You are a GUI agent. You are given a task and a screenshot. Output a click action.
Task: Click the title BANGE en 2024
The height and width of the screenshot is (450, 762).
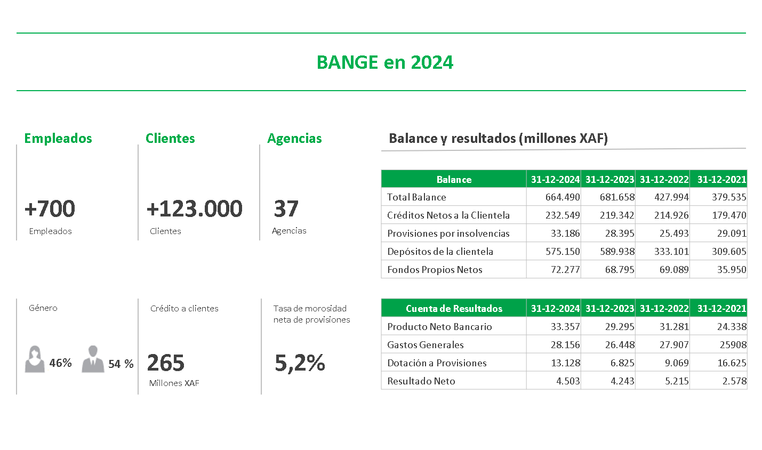coord(385,62)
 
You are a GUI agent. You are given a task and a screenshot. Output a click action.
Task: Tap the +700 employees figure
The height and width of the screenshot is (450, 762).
coord(50,208)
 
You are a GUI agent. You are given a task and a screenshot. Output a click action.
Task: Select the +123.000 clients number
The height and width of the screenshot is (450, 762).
coord(194,208)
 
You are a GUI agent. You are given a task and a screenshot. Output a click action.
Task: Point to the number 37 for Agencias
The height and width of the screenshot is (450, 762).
coord(286,208)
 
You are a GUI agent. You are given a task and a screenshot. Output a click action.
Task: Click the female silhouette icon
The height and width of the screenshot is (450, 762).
coord(35,359)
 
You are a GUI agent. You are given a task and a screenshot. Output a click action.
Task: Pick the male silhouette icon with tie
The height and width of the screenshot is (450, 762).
coord(93,359)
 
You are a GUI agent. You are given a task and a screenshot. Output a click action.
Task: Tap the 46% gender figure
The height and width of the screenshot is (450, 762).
coord(61,363)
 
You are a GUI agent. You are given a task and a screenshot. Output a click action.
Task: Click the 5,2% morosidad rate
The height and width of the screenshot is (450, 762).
coord(300,363)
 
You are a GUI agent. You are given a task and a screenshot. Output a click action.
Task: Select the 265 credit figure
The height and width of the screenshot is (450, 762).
coord(166,363)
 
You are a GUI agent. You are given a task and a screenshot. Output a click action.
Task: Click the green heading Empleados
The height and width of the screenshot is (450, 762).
coord(58,139)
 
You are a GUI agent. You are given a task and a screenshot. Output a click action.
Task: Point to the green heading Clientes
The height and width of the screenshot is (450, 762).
coord(170,139)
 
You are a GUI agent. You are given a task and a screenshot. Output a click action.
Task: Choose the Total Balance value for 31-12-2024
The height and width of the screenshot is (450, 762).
coord(563,197)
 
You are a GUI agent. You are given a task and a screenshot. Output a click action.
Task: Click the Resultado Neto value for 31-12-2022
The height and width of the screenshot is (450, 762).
coord(677,381)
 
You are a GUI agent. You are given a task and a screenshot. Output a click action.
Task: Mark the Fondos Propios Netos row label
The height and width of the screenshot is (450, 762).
coord(435,270)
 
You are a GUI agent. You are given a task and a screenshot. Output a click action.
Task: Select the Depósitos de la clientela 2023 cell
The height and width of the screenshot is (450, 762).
coord(617,251)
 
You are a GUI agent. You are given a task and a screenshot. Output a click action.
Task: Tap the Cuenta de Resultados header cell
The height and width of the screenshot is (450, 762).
coord(454,308)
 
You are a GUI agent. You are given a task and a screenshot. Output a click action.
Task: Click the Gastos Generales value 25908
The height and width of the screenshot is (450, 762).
coord(733,344)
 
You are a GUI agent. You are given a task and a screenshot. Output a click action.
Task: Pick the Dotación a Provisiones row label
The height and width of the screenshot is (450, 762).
coord(437,363)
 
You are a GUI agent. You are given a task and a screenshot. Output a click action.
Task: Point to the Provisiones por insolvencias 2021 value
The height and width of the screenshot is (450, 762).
coord(732,234)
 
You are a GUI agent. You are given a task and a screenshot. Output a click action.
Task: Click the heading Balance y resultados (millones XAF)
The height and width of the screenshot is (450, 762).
coord(499,139)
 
